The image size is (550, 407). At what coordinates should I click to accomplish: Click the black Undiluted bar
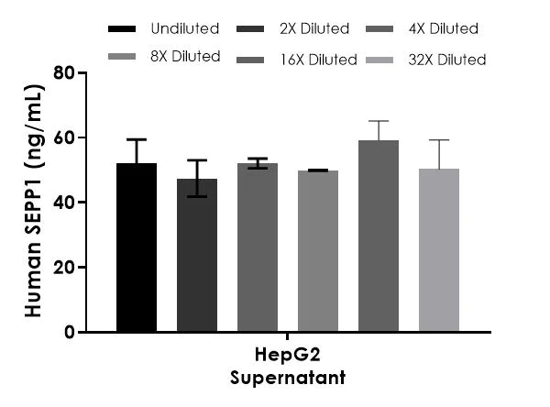tap(137, 247)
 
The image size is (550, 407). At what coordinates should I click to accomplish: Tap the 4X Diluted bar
tap(258, 247)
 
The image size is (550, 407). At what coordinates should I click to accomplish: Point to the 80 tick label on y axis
tap(63, 72)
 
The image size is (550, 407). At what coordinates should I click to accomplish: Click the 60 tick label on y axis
tap(63, 137)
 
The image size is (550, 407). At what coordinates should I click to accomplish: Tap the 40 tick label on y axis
tap(63, 203)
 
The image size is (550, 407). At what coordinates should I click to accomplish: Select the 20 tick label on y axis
tap(63, 268)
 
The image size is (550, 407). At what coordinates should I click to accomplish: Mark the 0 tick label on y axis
tap(69, 333)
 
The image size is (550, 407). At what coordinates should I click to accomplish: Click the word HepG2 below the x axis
tap(288, 357)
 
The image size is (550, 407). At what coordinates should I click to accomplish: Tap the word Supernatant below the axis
tap(288, 377)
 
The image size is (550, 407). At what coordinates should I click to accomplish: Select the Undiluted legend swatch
tap(122, 28)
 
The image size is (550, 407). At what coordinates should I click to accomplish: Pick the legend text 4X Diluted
tap(442, 28)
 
